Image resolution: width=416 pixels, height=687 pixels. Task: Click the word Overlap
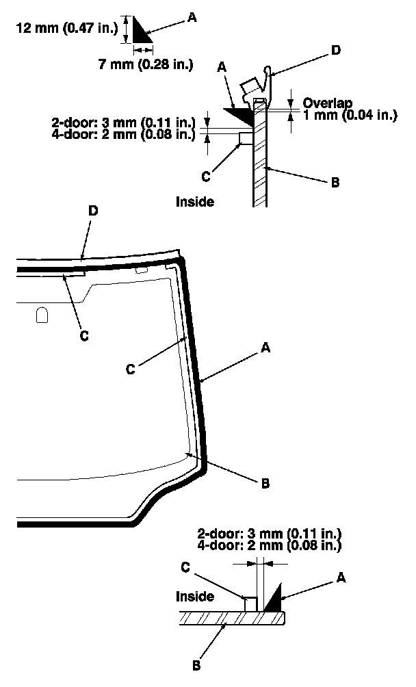[x=328, y=103]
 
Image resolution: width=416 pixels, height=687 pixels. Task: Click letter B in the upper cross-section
[x=335, y=182]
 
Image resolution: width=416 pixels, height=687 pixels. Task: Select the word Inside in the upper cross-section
[x=195, y=202]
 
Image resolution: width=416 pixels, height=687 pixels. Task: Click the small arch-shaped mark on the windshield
[x=42, y=315]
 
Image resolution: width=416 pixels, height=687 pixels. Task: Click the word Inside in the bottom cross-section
[x=195, y=597]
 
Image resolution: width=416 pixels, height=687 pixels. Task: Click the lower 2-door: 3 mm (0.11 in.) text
[x=270, y=533]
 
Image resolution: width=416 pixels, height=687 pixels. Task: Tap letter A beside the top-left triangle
[x=191, y=20]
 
